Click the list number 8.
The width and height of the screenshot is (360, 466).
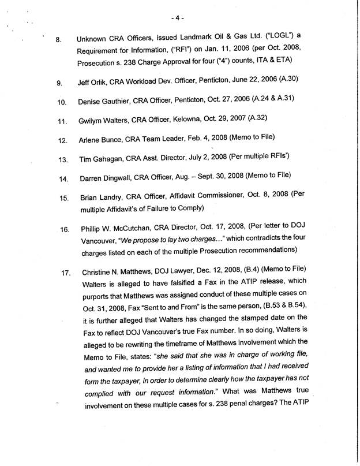pos(58,40)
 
